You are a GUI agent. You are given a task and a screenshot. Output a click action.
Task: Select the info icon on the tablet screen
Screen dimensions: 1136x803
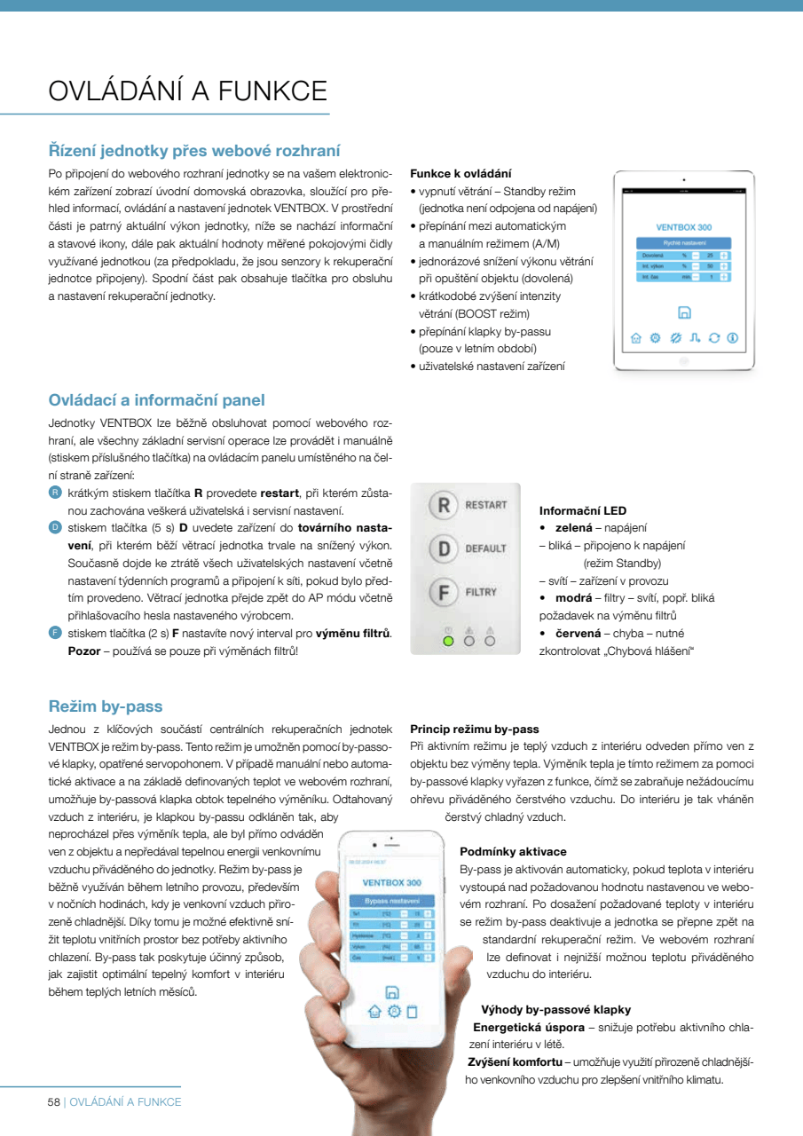pos(733,338)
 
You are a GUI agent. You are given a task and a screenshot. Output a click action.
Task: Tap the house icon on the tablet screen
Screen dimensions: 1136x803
pos(635,338)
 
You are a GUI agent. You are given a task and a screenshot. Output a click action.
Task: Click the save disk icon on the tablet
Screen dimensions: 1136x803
pos(683,312)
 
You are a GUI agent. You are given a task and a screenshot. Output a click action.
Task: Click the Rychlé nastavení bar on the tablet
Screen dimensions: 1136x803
pos(683,242)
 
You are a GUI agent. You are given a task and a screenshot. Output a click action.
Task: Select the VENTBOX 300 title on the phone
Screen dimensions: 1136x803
pos(391,883)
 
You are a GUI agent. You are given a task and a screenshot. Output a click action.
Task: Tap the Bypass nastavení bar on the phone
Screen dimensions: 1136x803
pos(391,900)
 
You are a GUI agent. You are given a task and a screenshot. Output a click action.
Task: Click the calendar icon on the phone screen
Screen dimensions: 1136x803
pos(412,1011)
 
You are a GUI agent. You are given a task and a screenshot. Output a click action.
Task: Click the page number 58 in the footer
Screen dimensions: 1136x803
pos(53,1101)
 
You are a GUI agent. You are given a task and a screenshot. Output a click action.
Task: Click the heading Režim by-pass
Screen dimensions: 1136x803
pos(106,706)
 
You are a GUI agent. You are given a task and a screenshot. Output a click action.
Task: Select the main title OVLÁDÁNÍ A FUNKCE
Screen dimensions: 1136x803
pos(187,91)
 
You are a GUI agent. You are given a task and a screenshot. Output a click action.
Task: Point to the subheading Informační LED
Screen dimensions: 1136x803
pos(582,511)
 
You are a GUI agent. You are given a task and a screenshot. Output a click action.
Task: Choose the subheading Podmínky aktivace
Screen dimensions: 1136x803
pos(513,851)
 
